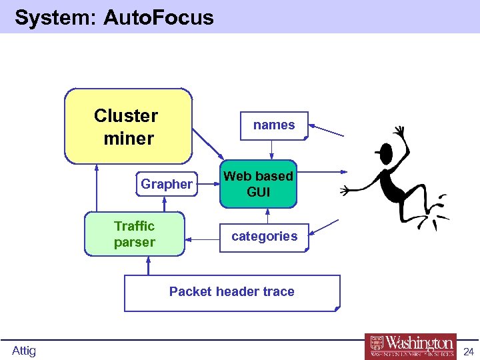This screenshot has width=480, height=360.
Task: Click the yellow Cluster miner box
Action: pyautogui.click(x=128, y=127)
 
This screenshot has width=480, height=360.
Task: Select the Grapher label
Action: pyautogui.click(x=167, y=184)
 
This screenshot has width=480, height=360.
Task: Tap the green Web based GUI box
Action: pyautogui.click(x=258, y=184)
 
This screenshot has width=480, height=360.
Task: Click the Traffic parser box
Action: pyautogui.click(x=134, y=234)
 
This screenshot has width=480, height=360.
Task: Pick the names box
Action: pyautogui.click(x=274, y=125)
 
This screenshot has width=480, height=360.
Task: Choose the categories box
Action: pyautogui.click(x=265, y=237)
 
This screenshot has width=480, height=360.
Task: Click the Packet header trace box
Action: pyautogui.click(x=232, y=292)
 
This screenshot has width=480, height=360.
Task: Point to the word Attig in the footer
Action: pyautogui.click(x=24, y=351)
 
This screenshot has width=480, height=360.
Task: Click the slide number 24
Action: pyautogui.click(x=468, y=351)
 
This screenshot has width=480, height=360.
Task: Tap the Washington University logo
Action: pyautogui.click(x=410, y=346)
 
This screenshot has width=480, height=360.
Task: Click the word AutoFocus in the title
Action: pyautogui.click(x=159, y=17)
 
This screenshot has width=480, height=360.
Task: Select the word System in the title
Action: pyautogui.click(x=55, y=17)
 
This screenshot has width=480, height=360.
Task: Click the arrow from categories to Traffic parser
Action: pyautogui.click(x=203, y=237)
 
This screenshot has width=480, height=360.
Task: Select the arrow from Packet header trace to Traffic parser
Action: pyautogui.click(x=148, y=265)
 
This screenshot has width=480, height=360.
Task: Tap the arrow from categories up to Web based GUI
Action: pyautogui.click(x=267, y=217)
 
